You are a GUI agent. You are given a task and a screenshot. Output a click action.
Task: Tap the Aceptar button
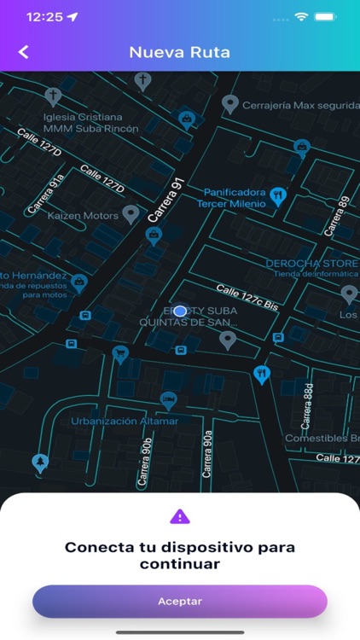[180, 601]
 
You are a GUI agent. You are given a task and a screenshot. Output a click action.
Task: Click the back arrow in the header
[23, 52]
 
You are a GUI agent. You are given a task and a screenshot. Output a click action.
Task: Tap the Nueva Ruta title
[180, 52]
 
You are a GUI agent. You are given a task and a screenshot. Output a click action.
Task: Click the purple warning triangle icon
[180, 516]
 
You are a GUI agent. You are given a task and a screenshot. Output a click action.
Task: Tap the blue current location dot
[180, 311]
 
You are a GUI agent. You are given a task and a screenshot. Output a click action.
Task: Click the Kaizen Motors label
[83, 216]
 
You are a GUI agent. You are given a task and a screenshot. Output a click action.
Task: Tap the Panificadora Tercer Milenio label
[234, 198]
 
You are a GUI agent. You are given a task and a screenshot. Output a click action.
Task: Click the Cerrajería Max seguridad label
[299, 105]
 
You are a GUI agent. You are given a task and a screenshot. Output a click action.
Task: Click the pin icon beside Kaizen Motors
[131, 213]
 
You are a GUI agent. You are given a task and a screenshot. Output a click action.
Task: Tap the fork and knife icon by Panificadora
[277, 197]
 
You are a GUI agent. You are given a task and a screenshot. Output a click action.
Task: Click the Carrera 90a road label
[207, 454]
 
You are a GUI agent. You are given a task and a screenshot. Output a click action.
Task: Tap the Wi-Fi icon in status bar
[301, 16]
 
